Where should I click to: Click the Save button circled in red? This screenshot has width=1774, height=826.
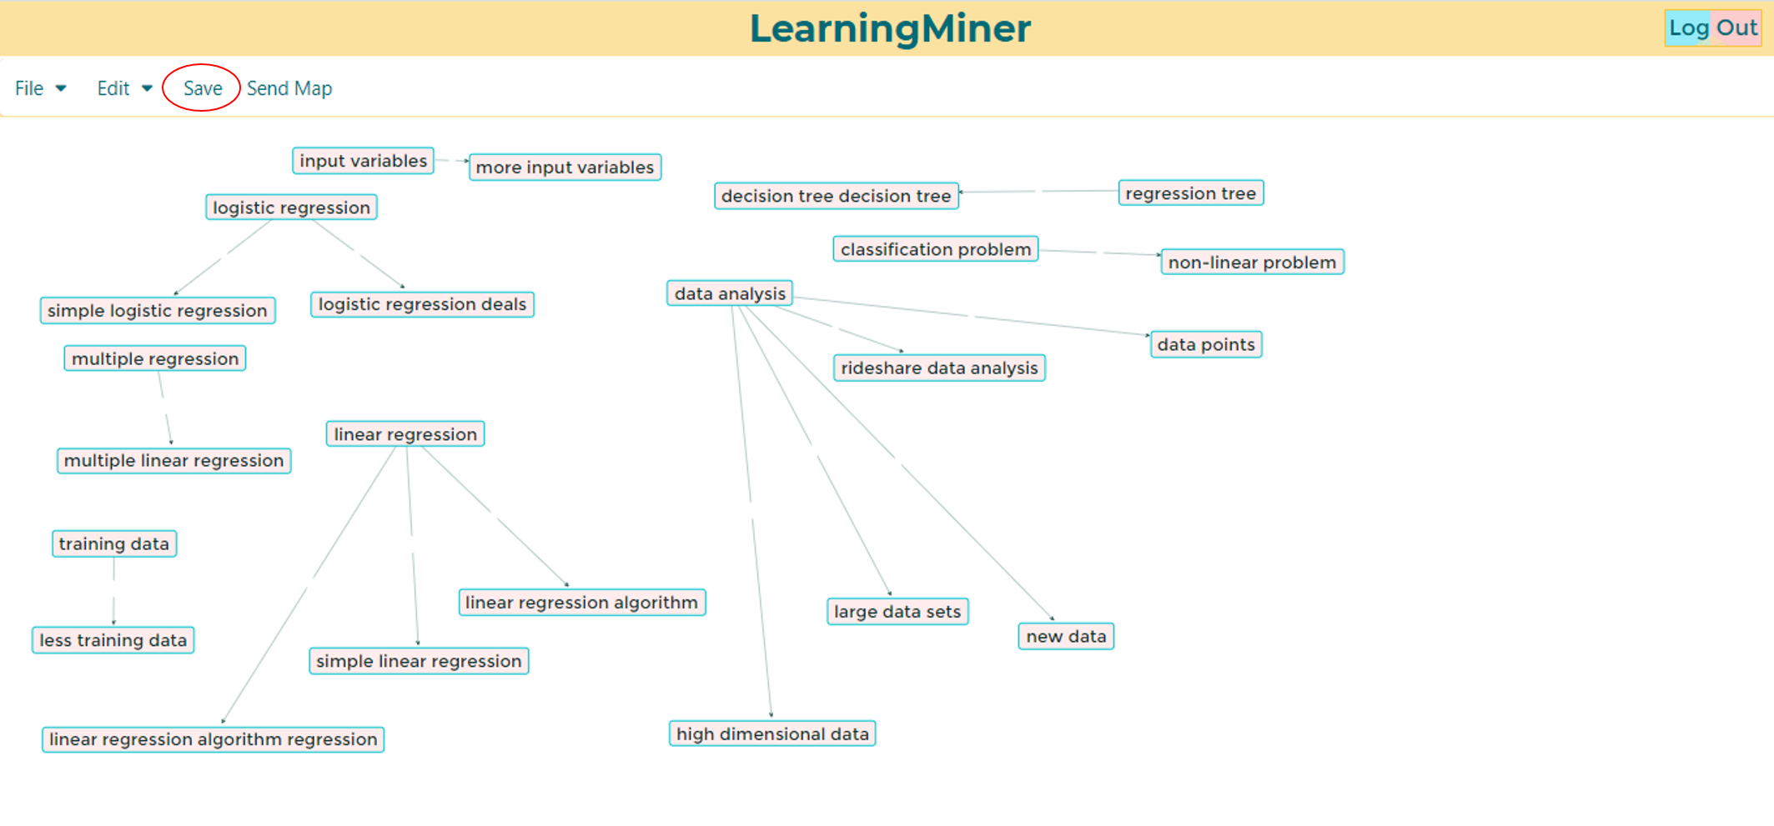[202, 88]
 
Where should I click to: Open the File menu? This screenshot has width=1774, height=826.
[40, 88]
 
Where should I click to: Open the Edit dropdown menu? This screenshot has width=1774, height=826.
[124, 88]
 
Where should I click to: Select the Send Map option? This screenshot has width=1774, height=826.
[289, 88]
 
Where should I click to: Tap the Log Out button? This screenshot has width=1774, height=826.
[1712, 28]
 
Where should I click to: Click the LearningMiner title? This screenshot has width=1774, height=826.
[890, 28]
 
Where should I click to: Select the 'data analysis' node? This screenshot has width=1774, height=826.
[730, 293]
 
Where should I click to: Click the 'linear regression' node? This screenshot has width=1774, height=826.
[405, 434]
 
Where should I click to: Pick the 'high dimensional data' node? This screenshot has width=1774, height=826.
[772, 733]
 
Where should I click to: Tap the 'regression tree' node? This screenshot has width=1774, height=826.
[1190, 193]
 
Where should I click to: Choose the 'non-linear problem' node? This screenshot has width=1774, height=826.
[1252, 263]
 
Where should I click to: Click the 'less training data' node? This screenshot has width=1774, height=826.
[113, 640]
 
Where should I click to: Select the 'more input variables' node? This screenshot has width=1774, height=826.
[565, 168]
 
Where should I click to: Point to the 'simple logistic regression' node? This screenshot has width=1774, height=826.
[158, 311]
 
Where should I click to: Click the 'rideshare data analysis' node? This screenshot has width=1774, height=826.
[939, 368]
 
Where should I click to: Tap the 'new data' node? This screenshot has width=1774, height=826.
[1066, 636]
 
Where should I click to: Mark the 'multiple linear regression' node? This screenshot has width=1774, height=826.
[173, 461]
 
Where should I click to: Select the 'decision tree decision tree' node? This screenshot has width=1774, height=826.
[837, 196]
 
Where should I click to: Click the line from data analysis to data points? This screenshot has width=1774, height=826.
[971, 316]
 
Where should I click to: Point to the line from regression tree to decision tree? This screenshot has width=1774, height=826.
[1038, 192]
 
